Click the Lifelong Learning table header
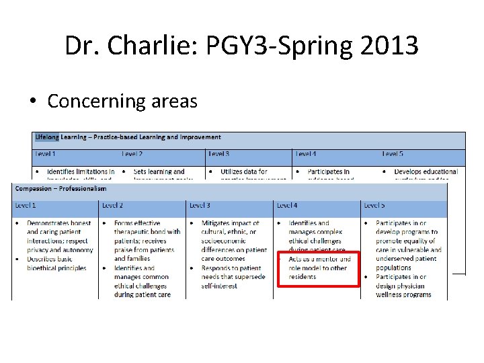tap(127, 138)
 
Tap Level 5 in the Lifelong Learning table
tap(393, 154)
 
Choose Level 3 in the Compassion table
tap(200, 205)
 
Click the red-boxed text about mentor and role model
tap(319, 268)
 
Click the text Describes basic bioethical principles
tap(56, 264)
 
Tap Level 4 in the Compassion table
tap(287, 205)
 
